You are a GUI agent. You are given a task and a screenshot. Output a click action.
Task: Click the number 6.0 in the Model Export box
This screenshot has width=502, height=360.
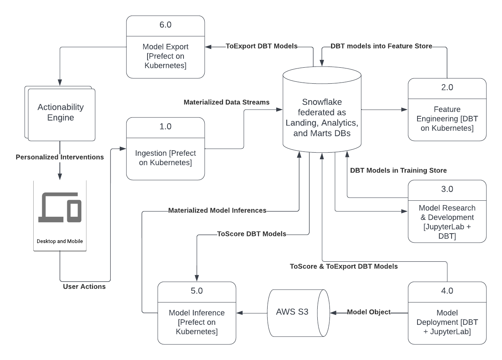[x=166, y=25]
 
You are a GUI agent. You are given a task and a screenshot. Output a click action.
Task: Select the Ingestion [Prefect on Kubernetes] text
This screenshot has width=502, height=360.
[x=166, y=158]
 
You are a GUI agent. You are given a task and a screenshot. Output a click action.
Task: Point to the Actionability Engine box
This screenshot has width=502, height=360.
[x=61, y=113]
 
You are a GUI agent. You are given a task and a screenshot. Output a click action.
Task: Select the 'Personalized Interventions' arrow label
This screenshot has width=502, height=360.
[x=59, y=157]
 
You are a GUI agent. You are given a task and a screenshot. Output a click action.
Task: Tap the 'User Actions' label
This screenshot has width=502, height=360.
[x=84, y=286]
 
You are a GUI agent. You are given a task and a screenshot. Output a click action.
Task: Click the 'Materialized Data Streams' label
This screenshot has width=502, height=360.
[x=227, y=102]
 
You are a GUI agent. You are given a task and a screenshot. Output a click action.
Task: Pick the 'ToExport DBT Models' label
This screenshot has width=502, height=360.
[x=261, y=46]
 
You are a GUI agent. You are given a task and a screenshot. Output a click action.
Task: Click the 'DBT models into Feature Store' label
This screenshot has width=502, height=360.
[x=381, y=46]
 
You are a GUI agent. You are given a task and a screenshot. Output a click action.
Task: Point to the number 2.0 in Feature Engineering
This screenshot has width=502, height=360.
[x=447, y=88]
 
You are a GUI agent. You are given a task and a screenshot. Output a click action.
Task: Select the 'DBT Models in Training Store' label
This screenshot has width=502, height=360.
[x=398, y=170]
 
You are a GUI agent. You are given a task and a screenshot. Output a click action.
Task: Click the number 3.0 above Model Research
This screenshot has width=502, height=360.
[x=447, y=189]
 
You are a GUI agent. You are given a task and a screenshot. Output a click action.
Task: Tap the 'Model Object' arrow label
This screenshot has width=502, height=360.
[x=369, y=312]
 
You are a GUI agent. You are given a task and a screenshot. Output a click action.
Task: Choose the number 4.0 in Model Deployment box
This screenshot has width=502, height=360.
[x=447, y=291]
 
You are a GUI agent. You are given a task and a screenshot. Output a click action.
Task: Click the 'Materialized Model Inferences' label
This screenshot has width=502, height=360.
[x=217, y=211]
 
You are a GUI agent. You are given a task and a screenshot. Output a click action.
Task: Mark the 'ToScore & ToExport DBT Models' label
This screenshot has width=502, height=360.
[x=344, y=266]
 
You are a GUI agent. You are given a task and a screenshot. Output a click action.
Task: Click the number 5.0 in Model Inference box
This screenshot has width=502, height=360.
[x=196, y=291]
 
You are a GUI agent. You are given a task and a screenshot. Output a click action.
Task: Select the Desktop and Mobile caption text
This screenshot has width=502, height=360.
[x=60, y=241]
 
